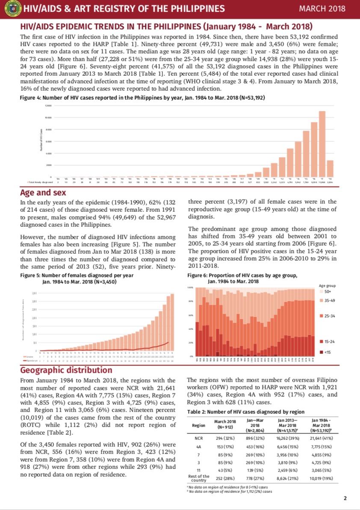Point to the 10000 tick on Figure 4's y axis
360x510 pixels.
[48, 117]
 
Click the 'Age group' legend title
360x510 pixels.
[328, 285]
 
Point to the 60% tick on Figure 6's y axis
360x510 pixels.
[191, 315]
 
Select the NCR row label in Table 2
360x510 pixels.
[198, 439]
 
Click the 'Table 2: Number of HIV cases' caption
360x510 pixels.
[246, 412]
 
